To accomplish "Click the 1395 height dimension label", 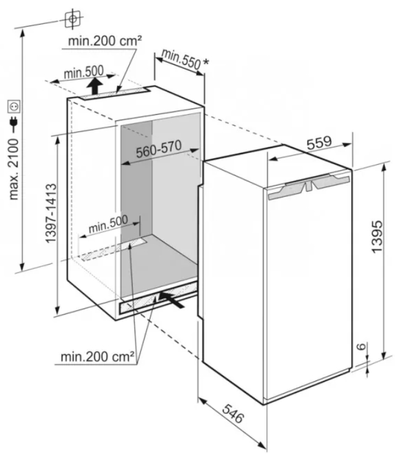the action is click(x=378, y=237).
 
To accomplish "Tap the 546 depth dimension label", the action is click(x=233, y=413).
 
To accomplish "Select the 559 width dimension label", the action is click(x=319, y=143).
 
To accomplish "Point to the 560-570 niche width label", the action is click(x=159, y=149).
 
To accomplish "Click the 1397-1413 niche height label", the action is click(x=51, y=213).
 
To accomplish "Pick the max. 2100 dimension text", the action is click(x=14, y=170).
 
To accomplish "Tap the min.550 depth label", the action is click(x=181, y=59).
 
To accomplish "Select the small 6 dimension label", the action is click(x=362, y=346).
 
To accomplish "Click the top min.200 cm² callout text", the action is click(x=105, y=41).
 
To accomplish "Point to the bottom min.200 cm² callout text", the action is click(x=98, y=357).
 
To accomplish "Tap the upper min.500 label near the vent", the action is click(x=84, y=72).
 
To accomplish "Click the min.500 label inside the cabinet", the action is click(x=108, y=225).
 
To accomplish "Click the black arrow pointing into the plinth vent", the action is click(x=172, y=300).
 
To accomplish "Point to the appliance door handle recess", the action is click(x=309, y=186).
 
